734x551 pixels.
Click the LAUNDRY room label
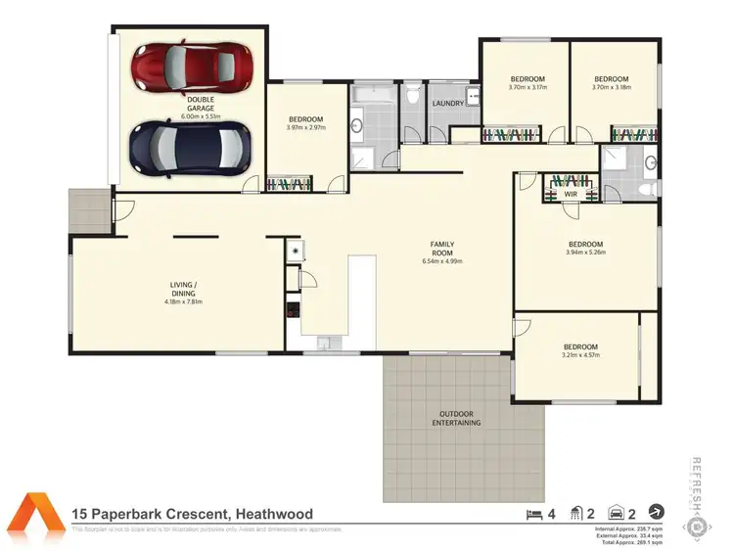(447, 103)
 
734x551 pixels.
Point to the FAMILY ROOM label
(441, 249)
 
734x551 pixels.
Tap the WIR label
(571, 194)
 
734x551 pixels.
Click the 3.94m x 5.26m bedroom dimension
(585, 253)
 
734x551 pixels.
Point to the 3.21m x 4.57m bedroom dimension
(580, 354)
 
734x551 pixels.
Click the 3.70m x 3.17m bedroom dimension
(528, 87)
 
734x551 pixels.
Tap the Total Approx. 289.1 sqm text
(629, 542)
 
